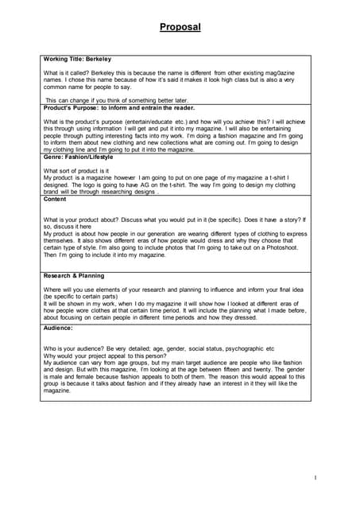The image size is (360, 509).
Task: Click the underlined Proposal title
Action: [180, 27]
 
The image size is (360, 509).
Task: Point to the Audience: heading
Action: [60, 327]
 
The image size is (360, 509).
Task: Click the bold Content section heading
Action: [56, 199]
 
